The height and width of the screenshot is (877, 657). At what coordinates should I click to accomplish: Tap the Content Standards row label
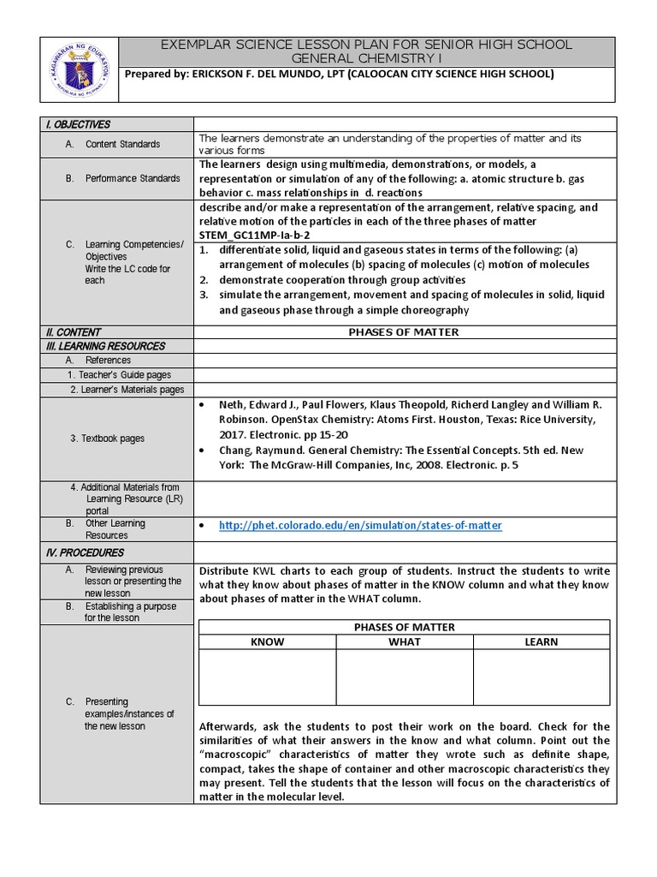point(122,144)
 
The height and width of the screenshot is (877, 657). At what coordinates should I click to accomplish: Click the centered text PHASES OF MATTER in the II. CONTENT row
point(404,332)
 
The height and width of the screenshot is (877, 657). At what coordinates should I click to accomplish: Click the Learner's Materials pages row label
point(127,390)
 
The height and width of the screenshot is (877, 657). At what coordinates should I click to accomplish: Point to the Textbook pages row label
point(107,438)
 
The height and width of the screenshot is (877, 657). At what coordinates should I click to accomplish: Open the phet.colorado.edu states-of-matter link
point(360,525)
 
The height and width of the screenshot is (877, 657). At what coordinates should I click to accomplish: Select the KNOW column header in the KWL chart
point(267,641)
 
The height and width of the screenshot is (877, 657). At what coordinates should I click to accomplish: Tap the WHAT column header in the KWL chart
point(404,641)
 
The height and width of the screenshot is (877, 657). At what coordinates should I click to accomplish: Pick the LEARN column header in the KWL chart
point(541,641)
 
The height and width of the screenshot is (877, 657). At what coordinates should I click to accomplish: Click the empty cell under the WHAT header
point(404,677)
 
